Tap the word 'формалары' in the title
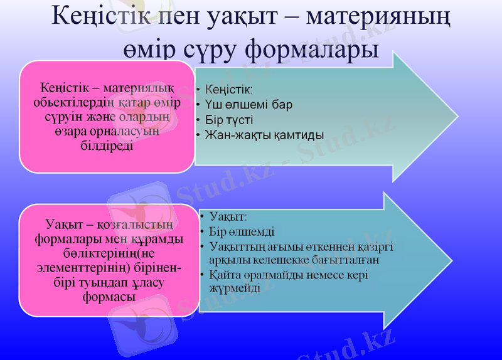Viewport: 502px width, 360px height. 309,49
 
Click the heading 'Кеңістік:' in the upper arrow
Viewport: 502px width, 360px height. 229,90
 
